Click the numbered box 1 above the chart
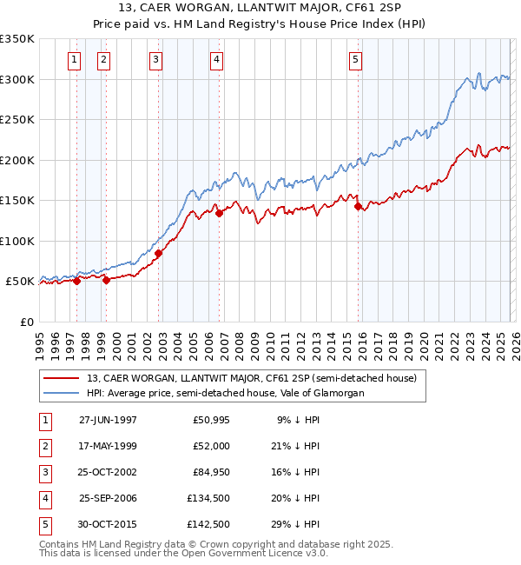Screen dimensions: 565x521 click(x=74, y=60)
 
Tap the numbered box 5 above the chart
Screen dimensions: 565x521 click(x=356, y=60)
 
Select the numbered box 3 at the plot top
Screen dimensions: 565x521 click(x=155, y=60)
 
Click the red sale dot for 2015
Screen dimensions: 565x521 click(x=359, y=207)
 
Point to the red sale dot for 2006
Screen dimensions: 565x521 click(x=219, y=213)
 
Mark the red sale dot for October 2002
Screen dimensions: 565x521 click(x=159, y=254)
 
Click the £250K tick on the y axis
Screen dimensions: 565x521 click(x=17, y=120)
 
